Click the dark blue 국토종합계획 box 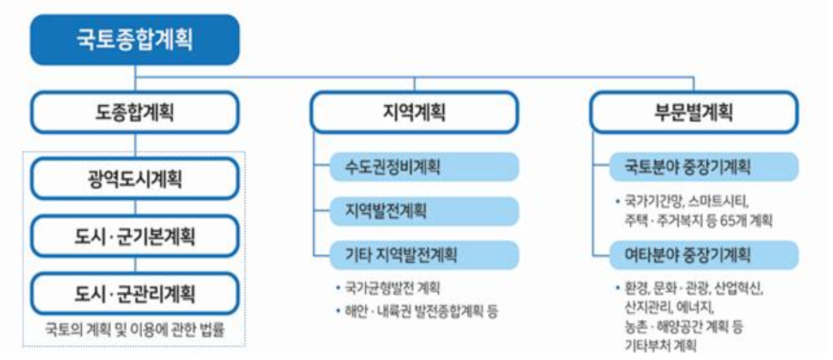(135, 40)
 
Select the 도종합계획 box (135, 112)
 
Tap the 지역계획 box (414, 112)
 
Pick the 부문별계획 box (693, 112)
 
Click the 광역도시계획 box (135, 178)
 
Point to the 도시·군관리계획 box (135, 293)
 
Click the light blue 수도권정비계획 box (424, 166)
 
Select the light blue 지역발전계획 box (424, 211)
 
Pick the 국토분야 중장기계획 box (703, 166)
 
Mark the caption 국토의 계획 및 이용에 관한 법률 (135, 329)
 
